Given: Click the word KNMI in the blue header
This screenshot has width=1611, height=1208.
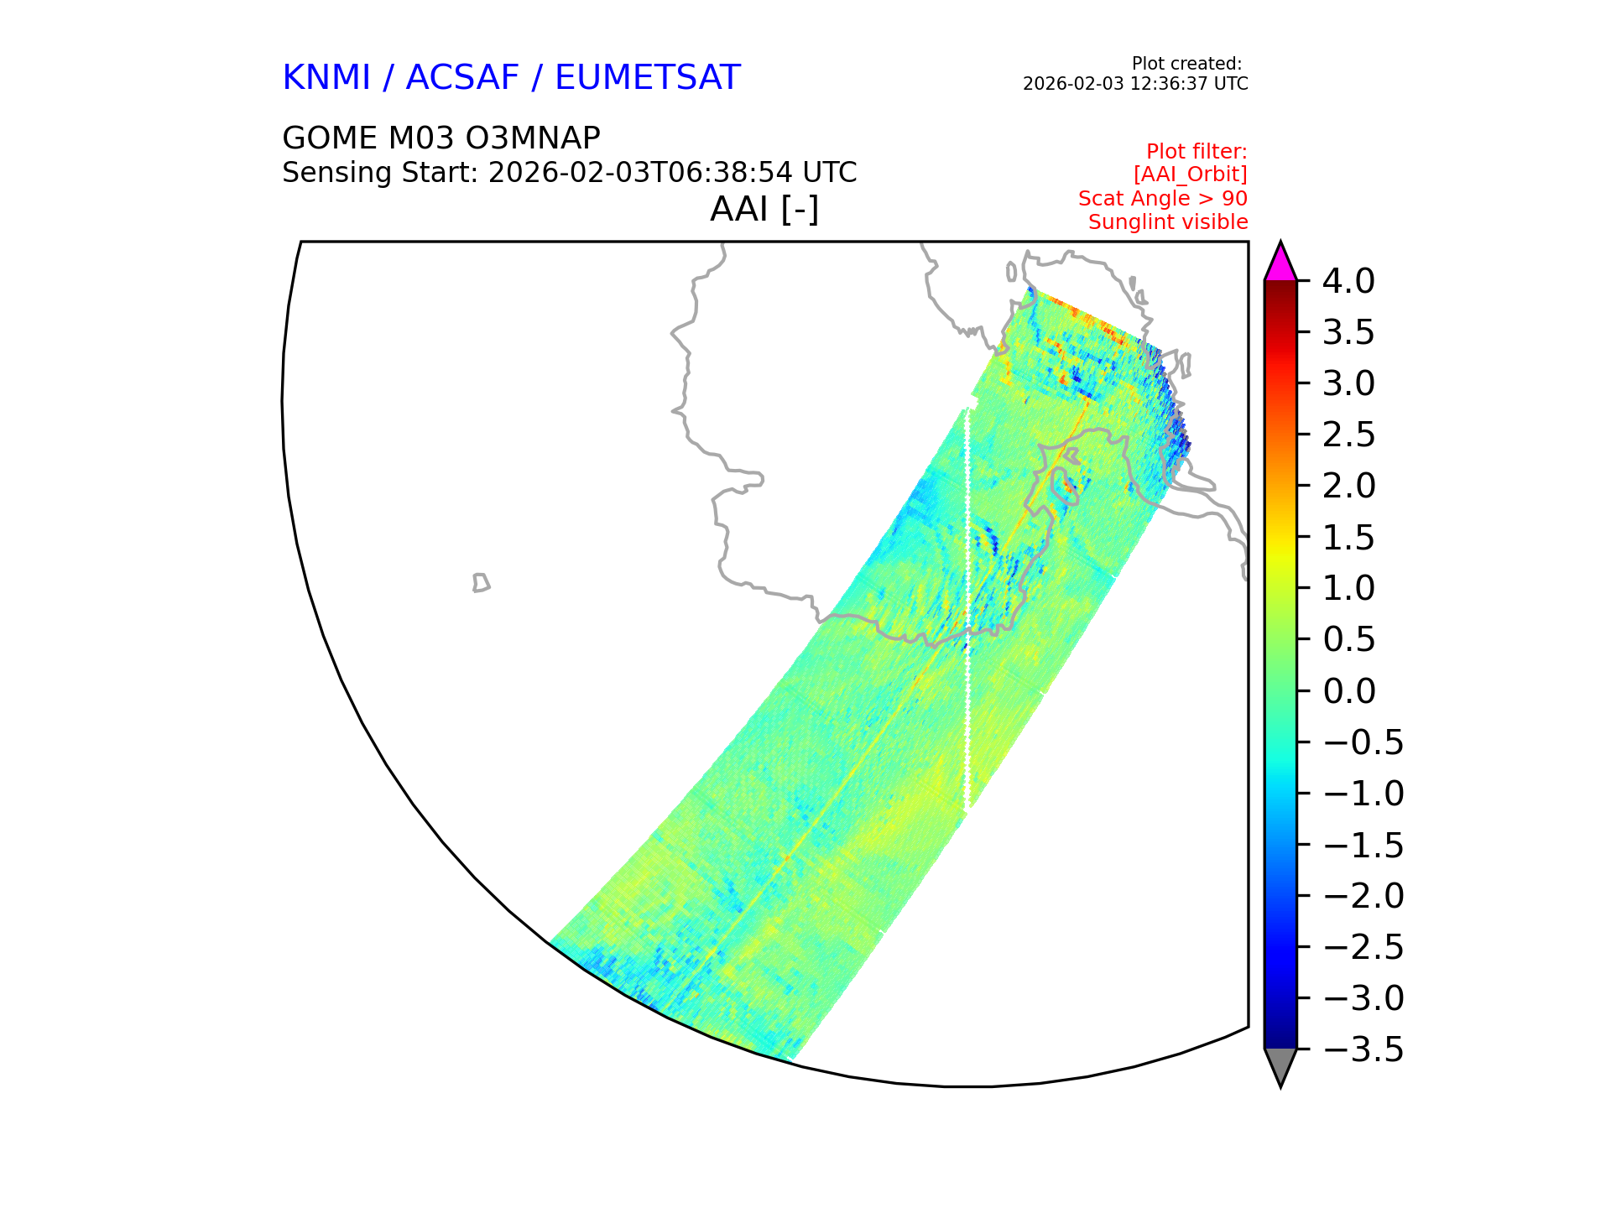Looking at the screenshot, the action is (326, 77).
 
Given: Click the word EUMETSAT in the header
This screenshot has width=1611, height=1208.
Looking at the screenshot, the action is (647, 77).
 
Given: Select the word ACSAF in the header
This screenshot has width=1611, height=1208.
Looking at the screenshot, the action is (462, 77).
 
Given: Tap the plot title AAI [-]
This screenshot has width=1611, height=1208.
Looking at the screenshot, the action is (764, 210).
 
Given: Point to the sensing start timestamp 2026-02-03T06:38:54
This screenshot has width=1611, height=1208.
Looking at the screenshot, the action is (640, 173).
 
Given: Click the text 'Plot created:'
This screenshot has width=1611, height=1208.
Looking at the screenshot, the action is (1186, 64).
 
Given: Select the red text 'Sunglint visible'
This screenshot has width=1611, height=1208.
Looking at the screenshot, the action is (1168, 222).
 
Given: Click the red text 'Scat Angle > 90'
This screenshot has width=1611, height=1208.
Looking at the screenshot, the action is (1163, 199).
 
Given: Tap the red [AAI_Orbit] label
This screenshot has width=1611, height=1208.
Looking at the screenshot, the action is (1191, 174).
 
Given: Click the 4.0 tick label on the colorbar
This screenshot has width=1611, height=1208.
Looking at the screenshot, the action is (1348, 281).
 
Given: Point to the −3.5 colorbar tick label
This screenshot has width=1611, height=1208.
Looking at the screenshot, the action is (1363, 1049).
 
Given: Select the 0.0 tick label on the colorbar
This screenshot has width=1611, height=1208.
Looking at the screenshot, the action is (1349, 691).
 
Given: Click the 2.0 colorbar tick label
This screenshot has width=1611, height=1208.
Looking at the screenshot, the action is (1349, 486).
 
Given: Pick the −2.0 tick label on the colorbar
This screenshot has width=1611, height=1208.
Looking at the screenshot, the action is (1363, 896).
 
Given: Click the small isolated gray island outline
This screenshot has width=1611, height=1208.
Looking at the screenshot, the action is (481, 582).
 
